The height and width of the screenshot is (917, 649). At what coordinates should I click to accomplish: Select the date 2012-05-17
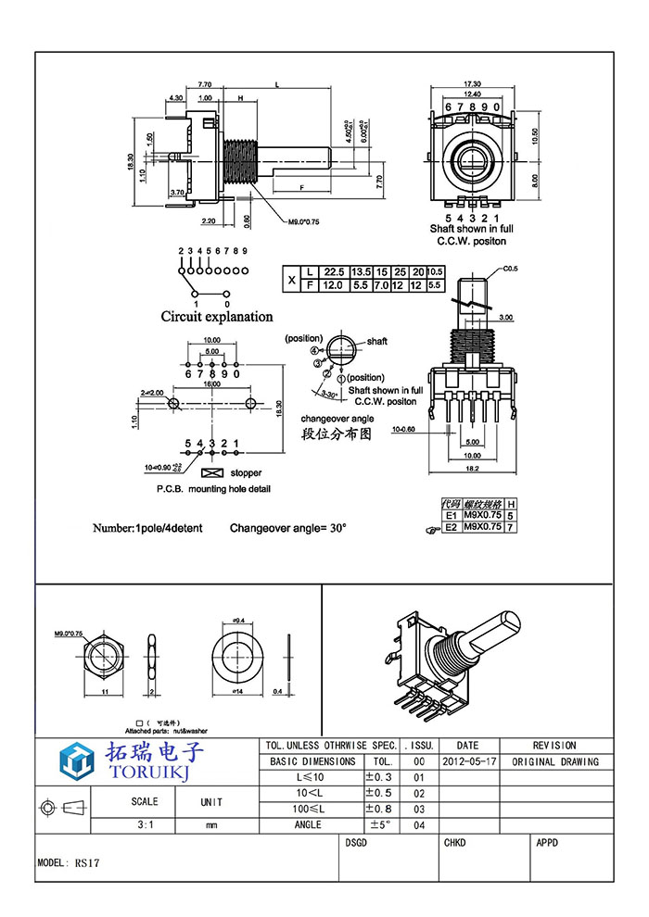click(468, 762)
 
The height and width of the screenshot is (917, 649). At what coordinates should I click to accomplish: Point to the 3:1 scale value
click(145, 823)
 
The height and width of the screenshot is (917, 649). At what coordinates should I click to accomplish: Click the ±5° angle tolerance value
click(379, 824)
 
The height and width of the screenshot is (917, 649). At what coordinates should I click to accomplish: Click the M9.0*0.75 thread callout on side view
click(301, 221)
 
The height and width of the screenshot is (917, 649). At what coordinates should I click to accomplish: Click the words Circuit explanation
click(217, 317)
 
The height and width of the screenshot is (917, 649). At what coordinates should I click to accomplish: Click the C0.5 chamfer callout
click(510, 270)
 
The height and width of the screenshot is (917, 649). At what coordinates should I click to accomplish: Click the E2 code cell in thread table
click(452, 526)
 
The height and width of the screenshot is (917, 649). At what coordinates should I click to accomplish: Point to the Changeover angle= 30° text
click(288, 528)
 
